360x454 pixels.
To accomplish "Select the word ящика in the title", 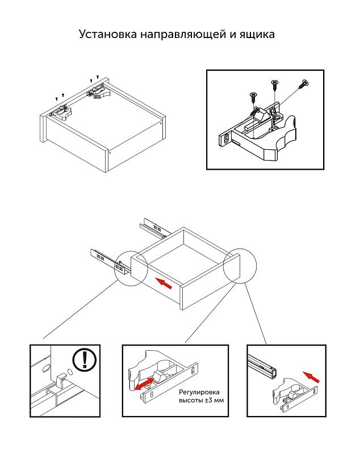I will (256, 35).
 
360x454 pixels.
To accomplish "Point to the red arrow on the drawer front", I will (164, 282).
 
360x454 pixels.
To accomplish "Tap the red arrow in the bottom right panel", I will (312, 375).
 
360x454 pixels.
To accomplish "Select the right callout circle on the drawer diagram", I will (240, 266).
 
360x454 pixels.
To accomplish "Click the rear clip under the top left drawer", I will (97, 90).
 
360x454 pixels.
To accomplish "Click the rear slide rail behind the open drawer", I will (153, 227).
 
